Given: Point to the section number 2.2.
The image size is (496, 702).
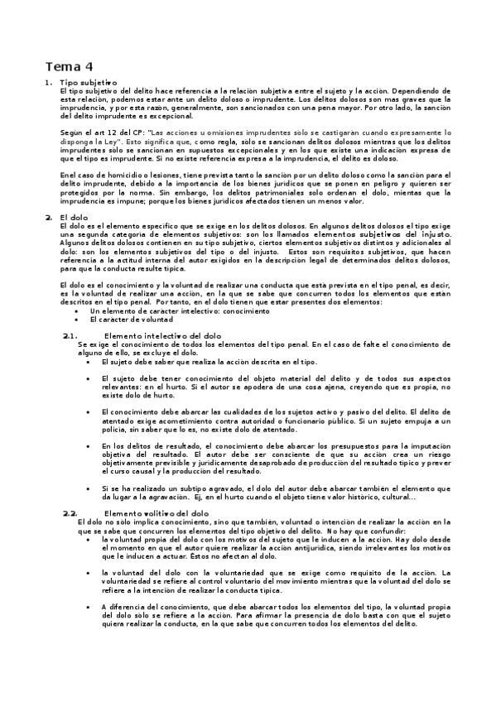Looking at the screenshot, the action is (x=70, y=513).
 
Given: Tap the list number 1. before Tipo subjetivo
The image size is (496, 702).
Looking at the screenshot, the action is (x=50, y=83).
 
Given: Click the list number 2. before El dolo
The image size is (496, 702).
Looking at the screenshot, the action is (x=49, y=217).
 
